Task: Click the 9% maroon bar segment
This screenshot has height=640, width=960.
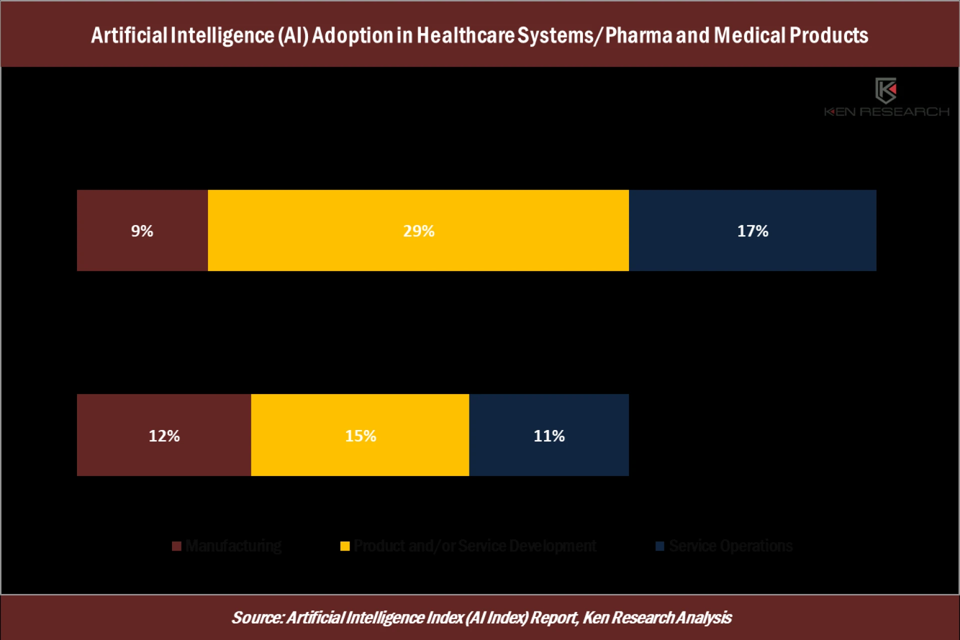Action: click(x=142, y=230)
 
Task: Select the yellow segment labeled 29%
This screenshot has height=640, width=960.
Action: click(x=418, y=230)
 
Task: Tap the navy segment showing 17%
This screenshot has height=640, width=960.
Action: click(x=752, y=230)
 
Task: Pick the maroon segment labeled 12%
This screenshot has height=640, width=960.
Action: click(x=163, y=435)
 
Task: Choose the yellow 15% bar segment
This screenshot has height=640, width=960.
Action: click(x=360, y=435)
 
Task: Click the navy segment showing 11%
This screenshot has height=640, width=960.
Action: click(x=548, y=435)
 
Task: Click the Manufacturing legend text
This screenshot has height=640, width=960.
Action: click(x=233, y=545)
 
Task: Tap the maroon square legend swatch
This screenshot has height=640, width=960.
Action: click(x=176, y=546)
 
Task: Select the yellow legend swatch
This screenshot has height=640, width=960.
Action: click(x=344, y=546)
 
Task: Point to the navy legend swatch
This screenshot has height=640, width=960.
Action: click(x=660, y=546)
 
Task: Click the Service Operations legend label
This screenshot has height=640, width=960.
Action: click(x=730, y=545)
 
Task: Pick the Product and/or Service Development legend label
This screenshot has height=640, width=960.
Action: click(x=474, y=545)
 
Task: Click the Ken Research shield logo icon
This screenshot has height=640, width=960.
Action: click(x=885, y=90)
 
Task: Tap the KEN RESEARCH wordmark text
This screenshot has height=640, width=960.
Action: click(x=886, y=112)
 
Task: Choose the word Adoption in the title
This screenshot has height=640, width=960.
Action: click(x=352, y=35)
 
